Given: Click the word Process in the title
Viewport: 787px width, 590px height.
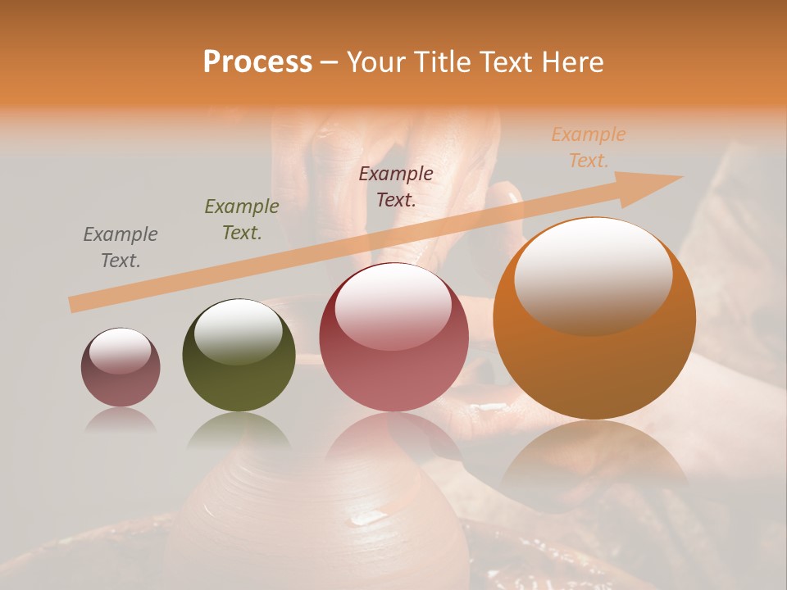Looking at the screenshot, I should tap(257, 62).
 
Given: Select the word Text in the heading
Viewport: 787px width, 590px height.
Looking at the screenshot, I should tap(505, 62).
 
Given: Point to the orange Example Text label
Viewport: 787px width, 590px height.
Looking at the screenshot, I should tap(589, 147).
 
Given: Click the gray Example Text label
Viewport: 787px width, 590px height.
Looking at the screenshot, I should tap(121, 247).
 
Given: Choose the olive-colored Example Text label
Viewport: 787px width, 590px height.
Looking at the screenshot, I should tap(242, 220).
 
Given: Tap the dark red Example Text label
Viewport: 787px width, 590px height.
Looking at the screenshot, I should tap(396, 186).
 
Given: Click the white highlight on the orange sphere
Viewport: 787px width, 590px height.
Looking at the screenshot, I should tap(593, 275).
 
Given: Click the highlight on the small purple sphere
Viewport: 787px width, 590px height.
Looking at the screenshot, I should tap(120, 350).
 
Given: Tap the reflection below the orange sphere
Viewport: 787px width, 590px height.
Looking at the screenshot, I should tap(594, 459).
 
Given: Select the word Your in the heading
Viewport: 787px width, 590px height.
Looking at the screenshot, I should tap(373, 62).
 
